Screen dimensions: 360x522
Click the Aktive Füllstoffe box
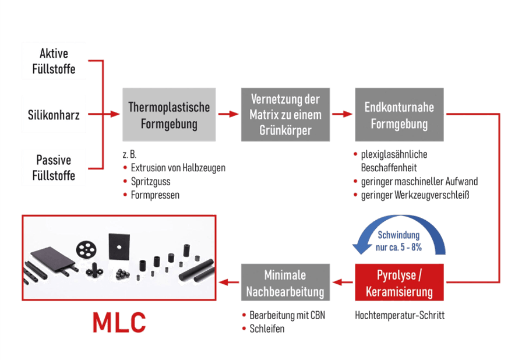point(54,61)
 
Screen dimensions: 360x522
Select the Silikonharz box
point(54,114)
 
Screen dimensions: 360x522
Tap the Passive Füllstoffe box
point(54,167)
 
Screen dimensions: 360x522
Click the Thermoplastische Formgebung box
point(169,115)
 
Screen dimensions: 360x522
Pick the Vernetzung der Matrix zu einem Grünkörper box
point(285,114)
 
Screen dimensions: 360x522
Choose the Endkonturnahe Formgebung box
point(399,115)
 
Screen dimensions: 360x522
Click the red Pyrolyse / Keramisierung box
point(399,282)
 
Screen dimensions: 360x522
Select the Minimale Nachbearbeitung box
point(285,282)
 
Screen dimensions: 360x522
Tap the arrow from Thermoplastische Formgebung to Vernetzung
point(228,114)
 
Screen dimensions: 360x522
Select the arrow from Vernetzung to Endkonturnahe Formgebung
point(342,114)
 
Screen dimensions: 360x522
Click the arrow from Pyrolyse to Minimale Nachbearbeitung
point(342,283)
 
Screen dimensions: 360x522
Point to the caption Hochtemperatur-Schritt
point(400,315)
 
